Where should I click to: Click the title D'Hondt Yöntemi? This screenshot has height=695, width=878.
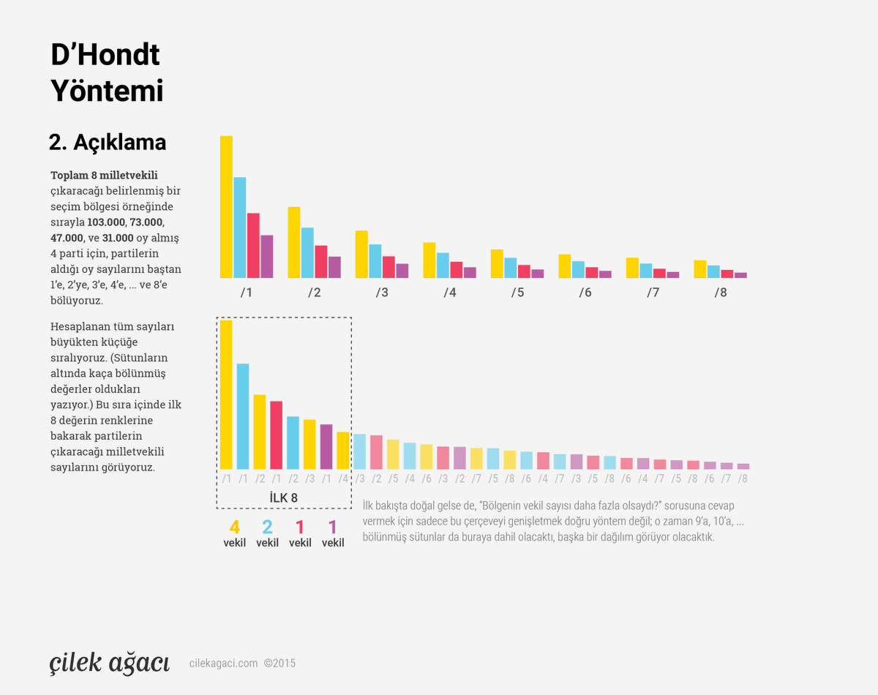(106, 73)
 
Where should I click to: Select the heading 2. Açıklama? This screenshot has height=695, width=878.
(108, 143)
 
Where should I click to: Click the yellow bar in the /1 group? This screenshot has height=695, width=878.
(226, 207)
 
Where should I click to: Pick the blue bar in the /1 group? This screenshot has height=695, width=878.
(240, 228)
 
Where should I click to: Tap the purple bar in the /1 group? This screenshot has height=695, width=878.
(267, 256)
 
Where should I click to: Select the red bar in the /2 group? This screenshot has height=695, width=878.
(321, 261)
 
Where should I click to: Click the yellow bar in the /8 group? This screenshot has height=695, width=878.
(700, 268)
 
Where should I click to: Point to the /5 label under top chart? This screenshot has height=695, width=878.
(517, 293)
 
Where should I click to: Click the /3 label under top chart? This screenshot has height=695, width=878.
(382, 293)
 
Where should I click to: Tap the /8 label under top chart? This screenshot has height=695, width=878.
(721, 293)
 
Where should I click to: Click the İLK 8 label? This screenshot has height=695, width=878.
(283, 498)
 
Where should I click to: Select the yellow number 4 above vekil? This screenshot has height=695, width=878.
(234, 527)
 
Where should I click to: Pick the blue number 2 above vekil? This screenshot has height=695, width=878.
(267, 527)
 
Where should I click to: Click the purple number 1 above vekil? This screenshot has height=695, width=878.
(332, 527)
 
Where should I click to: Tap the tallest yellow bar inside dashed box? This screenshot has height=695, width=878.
(226, 394)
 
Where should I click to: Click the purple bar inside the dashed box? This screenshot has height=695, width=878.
(326, 446)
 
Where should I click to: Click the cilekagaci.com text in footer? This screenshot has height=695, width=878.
(223, 664)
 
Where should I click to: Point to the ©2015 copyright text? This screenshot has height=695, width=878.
(279, 664)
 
